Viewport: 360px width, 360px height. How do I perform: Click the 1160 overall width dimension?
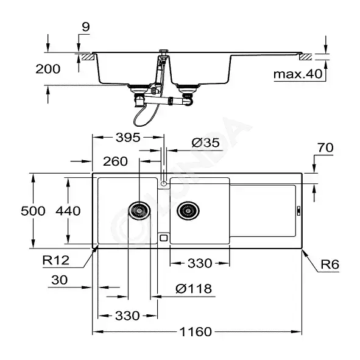(x=196, y=332)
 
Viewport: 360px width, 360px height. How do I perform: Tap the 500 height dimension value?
(x=33, y=211)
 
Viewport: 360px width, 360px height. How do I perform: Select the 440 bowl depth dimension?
(x=68, y=211)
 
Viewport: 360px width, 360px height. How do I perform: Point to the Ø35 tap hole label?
(x=205, y=143)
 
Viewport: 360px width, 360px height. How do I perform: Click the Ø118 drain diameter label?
(x=194, y=289)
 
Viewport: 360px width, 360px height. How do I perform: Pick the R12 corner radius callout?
(x=56, y=260)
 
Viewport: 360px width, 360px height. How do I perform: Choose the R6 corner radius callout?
(x=330, y=264)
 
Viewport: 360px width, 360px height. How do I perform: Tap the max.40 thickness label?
(x=298, y=74)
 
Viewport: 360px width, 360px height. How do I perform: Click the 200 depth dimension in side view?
(x=48, y=69)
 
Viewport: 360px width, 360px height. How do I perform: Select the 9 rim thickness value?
(x=86, y=27)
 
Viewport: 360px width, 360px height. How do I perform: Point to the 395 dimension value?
(x=128, y=138)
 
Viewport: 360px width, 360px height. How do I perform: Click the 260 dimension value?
(x=115, y=161)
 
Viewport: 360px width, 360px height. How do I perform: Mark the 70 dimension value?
(x=325, y=147)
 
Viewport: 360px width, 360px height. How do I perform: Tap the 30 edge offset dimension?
(x=60, y=280)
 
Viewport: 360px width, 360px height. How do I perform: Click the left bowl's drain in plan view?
(x=139, y=211)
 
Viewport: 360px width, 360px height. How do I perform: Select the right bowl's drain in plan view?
(x=188, y=211)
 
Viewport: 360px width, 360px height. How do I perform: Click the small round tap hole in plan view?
(x=164, y=184)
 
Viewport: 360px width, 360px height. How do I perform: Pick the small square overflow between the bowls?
(x=163, y=238)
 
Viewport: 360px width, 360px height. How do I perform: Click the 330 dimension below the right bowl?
(x=200, y=263)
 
